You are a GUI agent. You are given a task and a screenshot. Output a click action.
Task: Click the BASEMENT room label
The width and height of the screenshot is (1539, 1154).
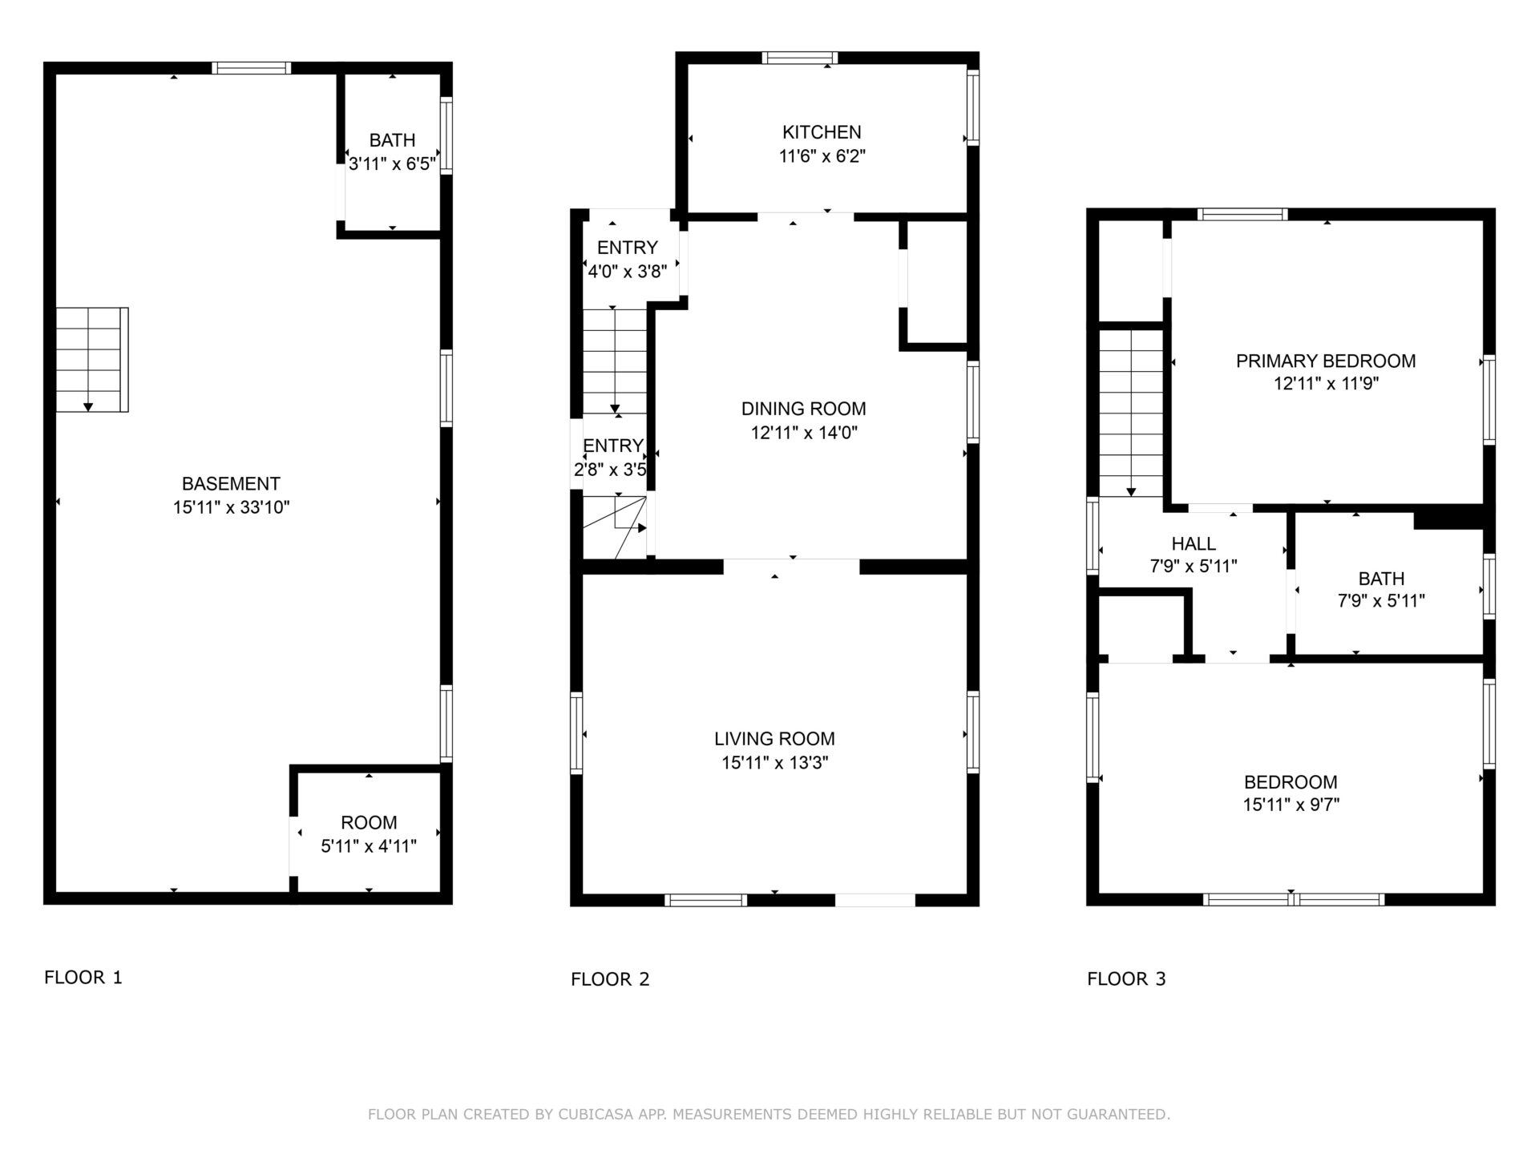pyautogui.click(x=231, y=484)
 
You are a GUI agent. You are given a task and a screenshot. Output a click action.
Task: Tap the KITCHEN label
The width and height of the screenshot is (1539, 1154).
pyautogui.click(x=822, y=132)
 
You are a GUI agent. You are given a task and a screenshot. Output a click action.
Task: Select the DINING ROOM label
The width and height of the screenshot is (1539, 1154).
pyautogui.click(x=803, y=409)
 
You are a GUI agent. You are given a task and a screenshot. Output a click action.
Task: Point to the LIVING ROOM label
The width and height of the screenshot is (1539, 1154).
pyautogui.click(x=774, y=739)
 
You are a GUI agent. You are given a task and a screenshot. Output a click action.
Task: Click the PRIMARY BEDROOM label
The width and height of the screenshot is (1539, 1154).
pyautogui.click(x=1326, y=361)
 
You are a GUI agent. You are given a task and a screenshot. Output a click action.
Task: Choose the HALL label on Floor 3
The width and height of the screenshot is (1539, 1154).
pyautogui.click(x=1194, y=544)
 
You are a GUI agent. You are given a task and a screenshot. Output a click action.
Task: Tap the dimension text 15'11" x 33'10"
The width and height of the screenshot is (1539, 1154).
pyautogui.click(x=231, y=507)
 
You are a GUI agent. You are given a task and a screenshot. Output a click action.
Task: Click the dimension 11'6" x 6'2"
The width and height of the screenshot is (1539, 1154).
pyautogui.click(x=822, y=156)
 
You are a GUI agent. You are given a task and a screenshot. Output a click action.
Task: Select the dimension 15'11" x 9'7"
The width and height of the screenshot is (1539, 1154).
pyautogui.click(x=1291, y=805)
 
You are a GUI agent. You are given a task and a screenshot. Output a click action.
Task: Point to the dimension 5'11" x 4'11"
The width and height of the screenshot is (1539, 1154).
pyautogui.click(x=369, y=846)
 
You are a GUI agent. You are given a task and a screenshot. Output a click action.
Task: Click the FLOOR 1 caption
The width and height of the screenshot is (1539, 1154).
pyautogui.click(x=83, y=978)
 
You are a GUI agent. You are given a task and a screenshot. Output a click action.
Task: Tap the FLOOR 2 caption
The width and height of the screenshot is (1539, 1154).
pyautogui.click(x=610, y=979)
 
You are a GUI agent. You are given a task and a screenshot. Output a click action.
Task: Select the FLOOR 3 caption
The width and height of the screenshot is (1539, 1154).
pyautogui.click(x=1126, y=979)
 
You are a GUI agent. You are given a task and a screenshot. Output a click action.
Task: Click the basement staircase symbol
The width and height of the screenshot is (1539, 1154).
pyautogui.click(x=91, y=360)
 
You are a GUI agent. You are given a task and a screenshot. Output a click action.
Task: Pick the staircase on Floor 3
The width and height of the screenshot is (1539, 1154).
pyautogui.click(x=1130, y=414)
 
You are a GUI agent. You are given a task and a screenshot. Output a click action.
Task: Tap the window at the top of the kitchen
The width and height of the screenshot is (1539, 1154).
pyautogui.click(x=799, y=58)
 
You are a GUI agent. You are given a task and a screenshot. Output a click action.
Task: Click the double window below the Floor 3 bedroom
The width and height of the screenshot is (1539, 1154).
pyautogui.click(x=1293, y=900)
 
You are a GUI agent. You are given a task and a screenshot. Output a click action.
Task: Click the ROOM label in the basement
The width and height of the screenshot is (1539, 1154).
pyautogui.click(x=369, y=823)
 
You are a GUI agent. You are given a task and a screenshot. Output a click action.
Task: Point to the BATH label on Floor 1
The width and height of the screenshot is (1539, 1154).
pyautogui.click(x=392, y=140)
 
